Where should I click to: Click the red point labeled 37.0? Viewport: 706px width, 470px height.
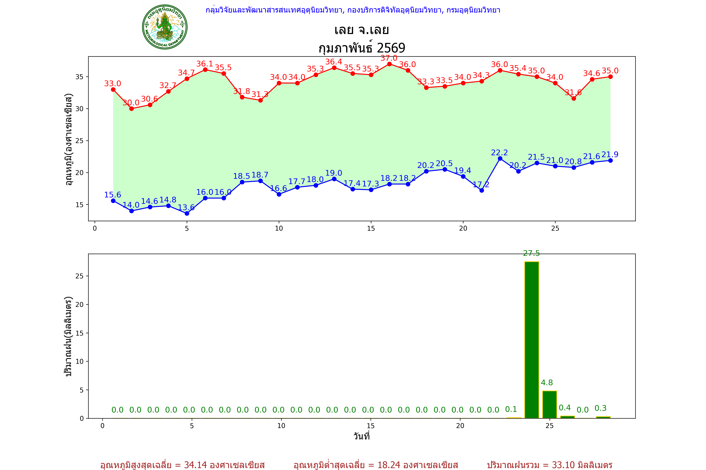coord(389,64)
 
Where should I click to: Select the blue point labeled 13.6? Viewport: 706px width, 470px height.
coord(187,213)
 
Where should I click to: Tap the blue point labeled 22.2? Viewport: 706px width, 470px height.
coord(500,159)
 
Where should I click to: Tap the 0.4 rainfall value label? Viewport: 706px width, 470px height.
coord(565,408)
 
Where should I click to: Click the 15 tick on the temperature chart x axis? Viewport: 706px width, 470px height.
coord(371,228)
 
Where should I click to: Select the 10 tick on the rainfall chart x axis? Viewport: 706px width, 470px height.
coord(281,426)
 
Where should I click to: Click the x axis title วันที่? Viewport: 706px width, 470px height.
coord(362,436)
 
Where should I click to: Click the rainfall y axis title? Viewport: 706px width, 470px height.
coord(69,336)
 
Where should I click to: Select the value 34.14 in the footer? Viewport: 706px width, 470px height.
coord(195,465)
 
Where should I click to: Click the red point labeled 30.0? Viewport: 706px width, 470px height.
coord(131,109)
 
